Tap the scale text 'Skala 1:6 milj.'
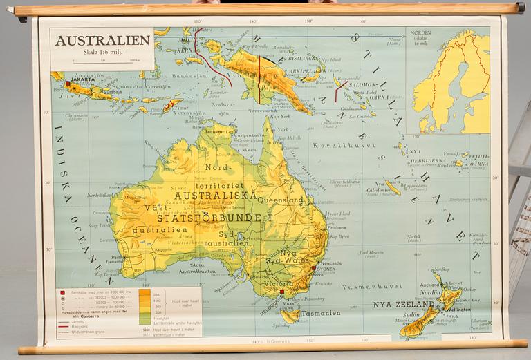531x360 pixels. click(x=102, y=52)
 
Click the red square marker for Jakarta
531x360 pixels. click(x=67, y=84)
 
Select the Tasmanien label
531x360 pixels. click(x=320, y=313)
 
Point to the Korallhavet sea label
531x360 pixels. click(x=335, y=146)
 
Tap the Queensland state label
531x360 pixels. click(x=281, y=200)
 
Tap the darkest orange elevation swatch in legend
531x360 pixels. click(x=145, y=293)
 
